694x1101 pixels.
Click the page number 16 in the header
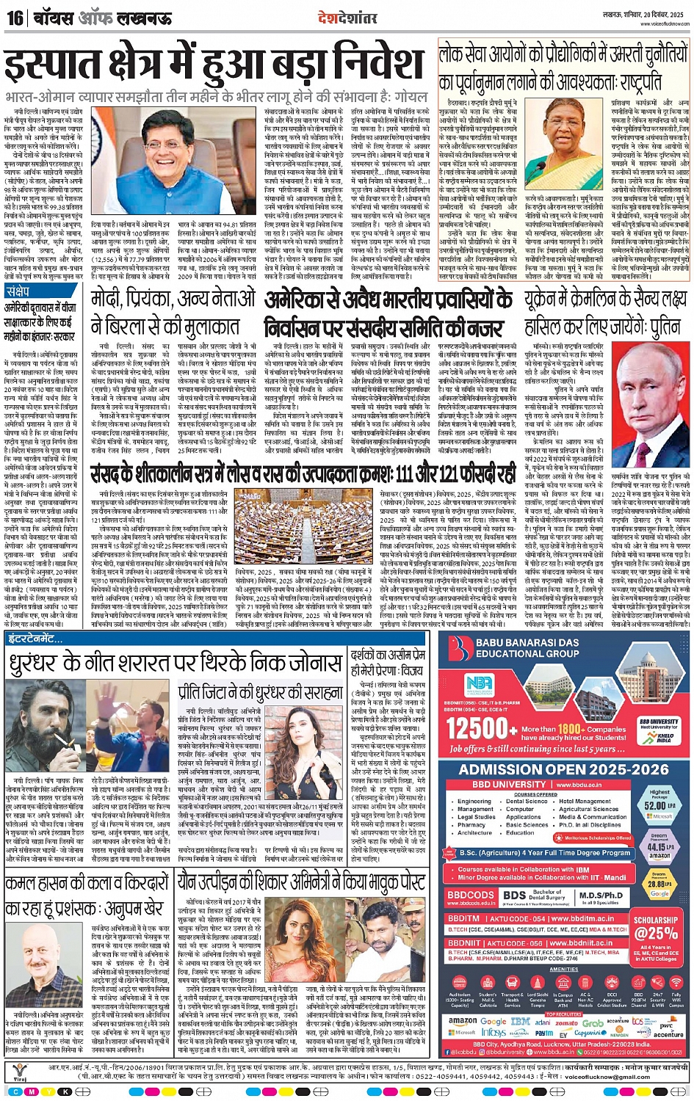(15, 17)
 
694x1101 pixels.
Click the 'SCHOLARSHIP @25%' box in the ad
(655, 928)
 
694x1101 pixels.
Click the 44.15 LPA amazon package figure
(659, 846)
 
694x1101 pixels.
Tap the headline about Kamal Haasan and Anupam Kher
(88, 896)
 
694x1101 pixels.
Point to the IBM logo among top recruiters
(520, 1021)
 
